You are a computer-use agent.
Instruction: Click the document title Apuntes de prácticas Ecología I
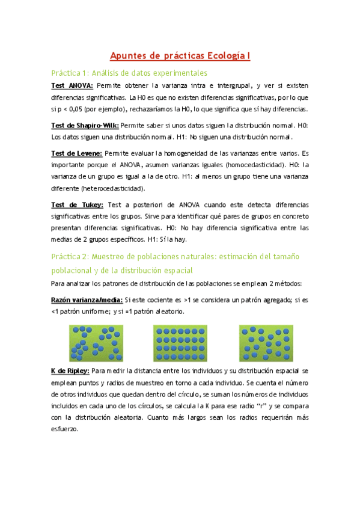pyautogui.click(x=180, y=57)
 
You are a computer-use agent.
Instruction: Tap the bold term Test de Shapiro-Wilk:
pyautogui.click(x=85, y=126)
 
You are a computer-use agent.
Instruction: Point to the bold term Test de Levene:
pyautogui.click(x=76, y=153)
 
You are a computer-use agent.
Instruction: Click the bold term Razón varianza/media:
pyautogui.click(x=87, y=300)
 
